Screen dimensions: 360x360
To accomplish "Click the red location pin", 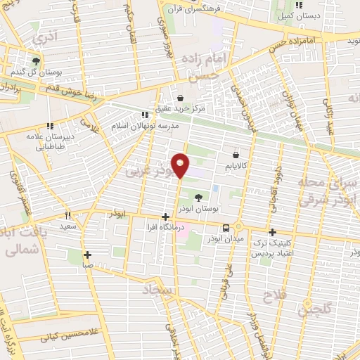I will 181,165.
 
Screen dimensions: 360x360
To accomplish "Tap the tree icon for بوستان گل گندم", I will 36,61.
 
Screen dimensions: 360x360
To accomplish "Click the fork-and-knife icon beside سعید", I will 68,216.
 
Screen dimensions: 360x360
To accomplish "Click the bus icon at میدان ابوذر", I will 226,229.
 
